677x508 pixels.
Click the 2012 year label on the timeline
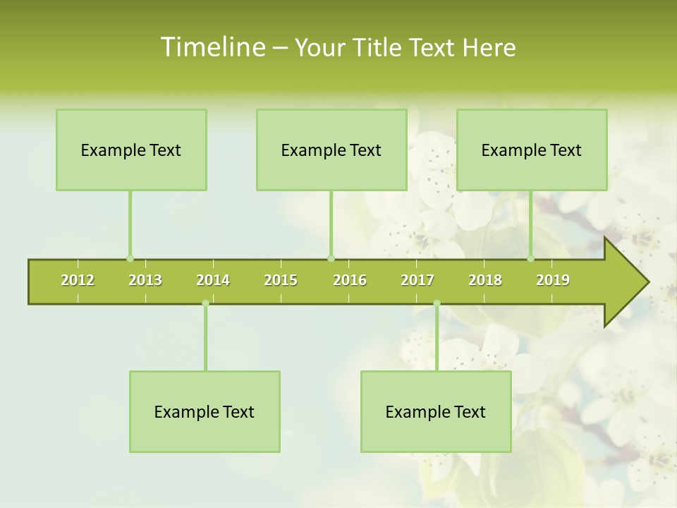78,280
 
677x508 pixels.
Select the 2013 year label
145,280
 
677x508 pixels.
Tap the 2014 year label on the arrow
213,280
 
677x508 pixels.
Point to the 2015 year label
281,280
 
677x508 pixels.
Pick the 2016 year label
350,280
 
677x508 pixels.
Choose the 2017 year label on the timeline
417,280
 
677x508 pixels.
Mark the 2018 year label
485,280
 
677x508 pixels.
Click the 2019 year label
553,280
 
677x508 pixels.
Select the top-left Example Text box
131,150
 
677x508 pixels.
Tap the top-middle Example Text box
331,150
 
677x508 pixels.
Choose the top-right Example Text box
532,150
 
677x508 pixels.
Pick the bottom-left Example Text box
205,412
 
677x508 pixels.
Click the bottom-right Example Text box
436,412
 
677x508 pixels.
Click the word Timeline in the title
212,47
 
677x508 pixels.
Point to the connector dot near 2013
130,258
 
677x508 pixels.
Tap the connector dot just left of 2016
331,258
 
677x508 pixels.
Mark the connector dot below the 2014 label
205,303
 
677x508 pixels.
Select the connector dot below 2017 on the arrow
437,303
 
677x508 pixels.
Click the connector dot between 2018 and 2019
530,258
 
